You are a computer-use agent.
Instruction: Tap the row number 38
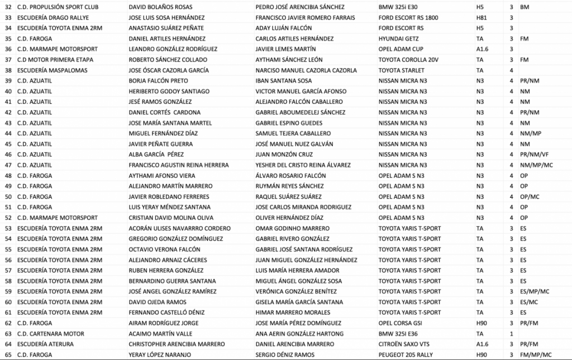pos(8,70)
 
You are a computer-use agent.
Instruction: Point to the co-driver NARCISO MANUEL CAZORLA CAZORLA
pos(306,70)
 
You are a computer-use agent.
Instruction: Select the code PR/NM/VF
pos(534,154)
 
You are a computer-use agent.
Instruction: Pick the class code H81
pos(481,18)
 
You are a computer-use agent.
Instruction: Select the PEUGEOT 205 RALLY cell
pos(406,355)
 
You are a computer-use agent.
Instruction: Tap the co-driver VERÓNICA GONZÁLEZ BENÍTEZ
pos(296,292)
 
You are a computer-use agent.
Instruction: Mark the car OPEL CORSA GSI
pos(401,323)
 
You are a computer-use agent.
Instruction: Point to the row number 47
pos(8,165)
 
